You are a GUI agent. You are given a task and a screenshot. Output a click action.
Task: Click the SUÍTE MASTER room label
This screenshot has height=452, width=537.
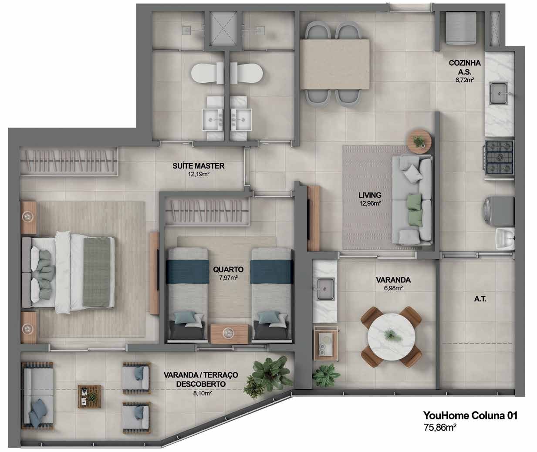[x=198, y=166]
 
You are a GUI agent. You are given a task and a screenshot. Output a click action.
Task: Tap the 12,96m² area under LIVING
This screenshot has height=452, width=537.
[x=370, y=203]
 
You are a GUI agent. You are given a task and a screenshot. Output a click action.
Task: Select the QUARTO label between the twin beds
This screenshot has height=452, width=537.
[x=228, y=270]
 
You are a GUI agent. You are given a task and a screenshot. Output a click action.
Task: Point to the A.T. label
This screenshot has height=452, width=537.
[x=480, y=299]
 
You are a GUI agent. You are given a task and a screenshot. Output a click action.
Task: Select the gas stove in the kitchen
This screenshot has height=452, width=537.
[x=500, y=159]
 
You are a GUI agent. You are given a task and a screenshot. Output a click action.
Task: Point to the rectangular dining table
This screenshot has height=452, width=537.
[x=335, y=64]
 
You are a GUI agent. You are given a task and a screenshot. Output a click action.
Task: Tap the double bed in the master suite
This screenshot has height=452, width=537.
[x=68, y=272]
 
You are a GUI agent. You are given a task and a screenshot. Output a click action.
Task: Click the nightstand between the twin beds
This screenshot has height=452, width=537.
[x=230, y=334]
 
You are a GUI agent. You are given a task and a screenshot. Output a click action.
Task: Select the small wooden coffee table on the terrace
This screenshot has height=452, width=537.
[x=90, y=396]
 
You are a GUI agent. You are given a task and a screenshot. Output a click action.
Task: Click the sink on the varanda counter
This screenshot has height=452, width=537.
[x=326, y=289]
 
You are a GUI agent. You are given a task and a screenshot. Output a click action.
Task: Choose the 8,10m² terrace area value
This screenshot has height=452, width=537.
[x=203, y=393]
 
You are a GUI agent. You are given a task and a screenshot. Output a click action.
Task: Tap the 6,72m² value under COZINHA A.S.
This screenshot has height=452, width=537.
[x=464, y=80]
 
